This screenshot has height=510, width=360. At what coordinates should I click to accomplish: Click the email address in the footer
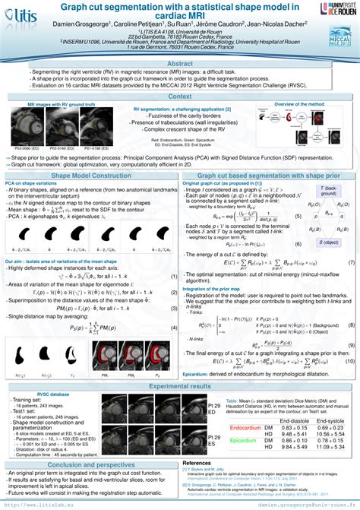pos(308,504)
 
